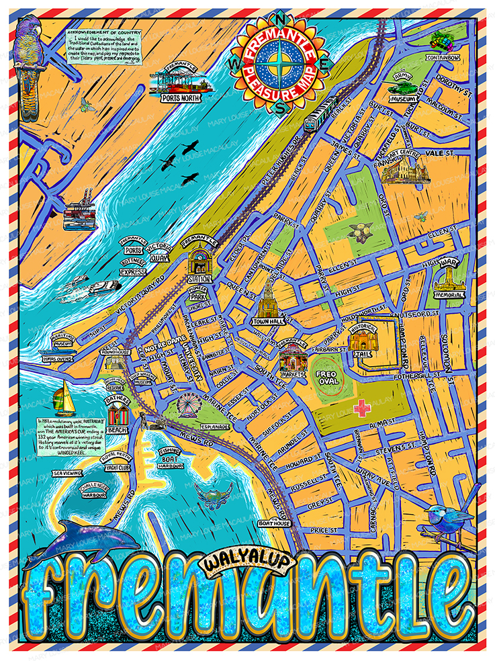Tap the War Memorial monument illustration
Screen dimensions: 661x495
(x=449, y=277)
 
